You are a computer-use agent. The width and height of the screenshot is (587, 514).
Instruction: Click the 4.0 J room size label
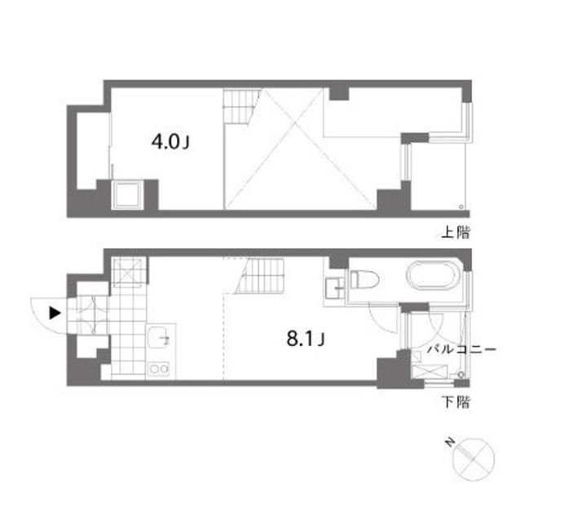pos(171,143)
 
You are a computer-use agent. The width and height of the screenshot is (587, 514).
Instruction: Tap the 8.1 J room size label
pos(307,338)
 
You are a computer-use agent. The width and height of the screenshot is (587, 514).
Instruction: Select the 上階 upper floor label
pos(456,233)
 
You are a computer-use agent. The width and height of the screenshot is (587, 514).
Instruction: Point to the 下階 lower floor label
pos(456,401)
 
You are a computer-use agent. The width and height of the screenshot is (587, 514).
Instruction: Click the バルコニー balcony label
pos(462,349)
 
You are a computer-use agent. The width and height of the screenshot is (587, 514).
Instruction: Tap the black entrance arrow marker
pos(55,312)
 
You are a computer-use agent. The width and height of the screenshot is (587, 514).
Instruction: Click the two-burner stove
pos(158,369)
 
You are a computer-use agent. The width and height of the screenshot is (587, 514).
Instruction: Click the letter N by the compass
pos(449,442)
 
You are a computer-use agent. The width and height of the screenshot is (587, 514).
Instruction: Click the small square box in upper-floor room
pos(128,195)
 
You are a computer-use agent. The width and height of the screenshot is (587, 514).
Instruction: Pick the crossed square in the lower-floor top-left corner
pos(128,272)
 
